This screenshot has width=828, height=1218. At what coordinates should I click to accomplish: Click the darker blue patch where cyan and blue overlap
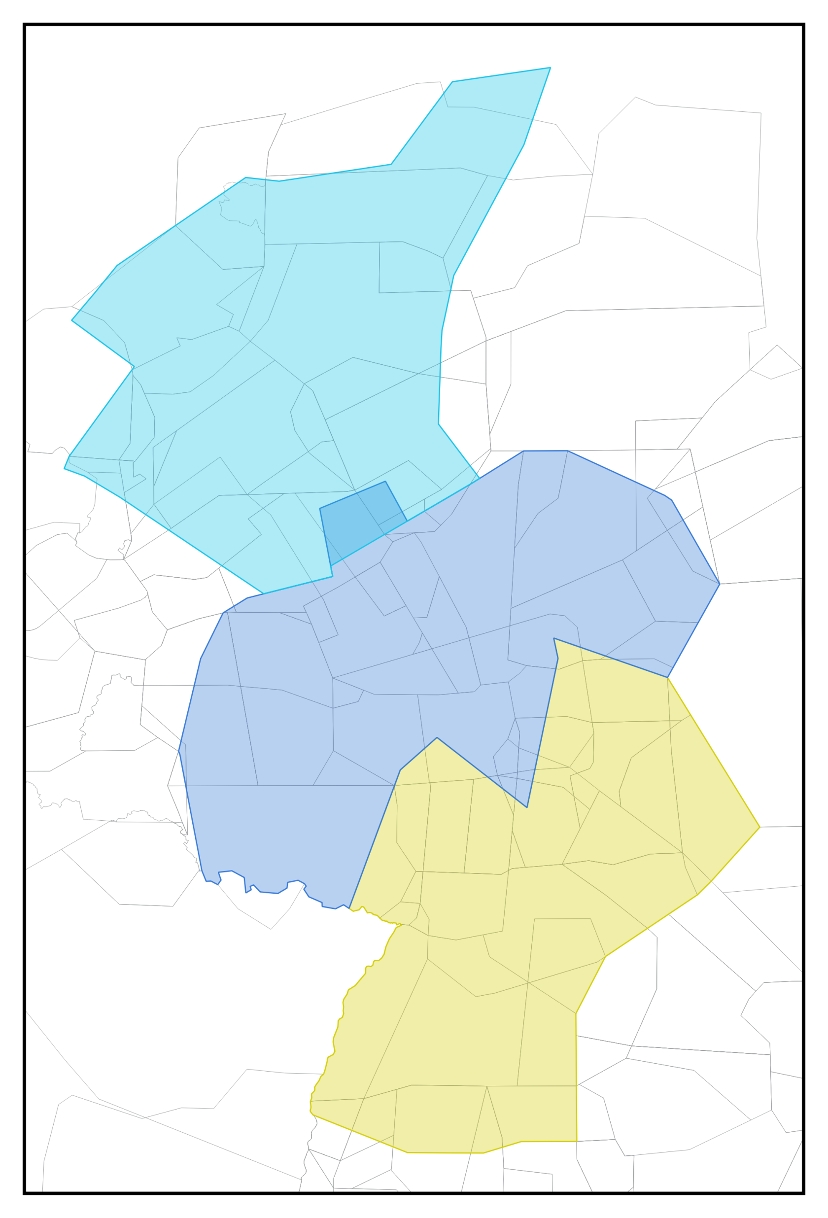[362, 524]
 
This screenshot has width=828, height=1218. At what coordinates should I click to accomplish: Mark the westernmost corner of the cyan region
[65, 469]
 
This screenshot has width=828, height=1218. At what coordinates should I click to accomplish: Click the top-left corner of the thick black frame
[25, 25]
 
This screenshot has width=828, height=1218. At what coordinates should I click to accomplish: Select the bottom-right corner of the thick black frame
[803, 1193]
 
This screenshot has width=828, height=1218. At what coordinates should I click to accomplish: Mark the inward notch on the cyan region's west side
[134, 367]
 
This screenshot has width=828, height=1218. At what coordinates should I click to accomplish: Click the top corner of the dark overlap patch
[385, 481]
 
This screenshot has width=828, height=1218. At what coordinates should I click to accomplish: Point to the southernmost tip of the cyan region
[264, 594]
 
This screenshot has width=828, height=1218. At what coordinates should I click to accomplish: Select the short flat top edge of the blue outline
[545, 451]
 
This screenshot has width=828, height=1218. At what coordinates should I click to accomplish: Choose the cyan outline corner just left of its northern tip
[452, 82]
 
